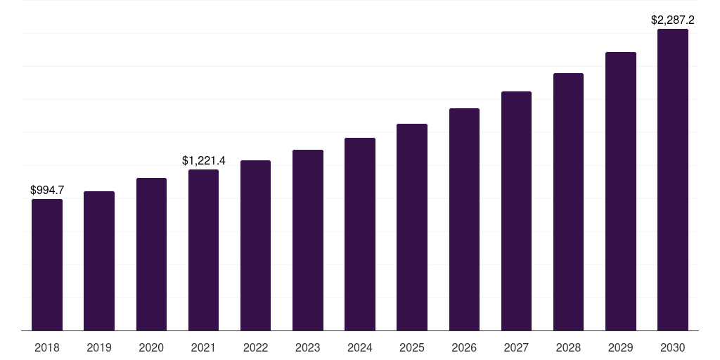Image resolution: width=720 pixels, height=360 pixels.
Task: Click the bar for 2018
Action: pyautogui.click(x=47, y=265)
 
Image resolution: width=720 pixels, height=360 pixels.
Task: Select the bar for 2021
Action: pyautogui.click(x=203, y=250)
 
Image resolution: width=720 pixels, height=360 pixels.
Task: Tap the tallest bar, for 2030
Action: pyautogui.click(x=673, y=180)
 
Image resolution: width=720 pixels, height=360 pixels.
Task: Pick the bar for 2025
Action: pyautogui.click(x=412, y=227)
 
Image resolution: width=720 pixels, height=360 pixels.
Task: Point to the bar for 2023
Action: pyautogui.click(x=308, y=240)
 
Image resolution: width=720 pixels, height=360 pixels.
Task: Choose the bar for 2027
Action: pyautogui.click(x=516, y=211)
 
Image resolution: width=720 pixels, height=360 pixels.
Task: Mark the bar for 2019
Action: pyautogui.click(x=99, y=261)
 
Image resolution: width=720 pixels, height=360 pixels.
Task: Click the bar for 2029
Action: pyautogui.click(x=621, y=191)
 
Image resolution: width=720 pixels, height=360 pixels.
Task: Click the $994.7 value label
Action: pyautogui.click(x=47, y=190)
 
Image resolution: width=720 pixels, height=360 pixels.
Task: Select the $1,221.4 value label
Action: pyautogui.click(x=203, y=161)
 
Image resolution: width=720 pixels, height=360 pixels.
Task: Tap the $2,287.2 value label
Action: pyautogui.click(x=673, y=20)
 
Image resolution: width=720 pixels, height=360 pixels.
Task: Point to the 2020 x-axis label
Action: pyautogui.click(x=151, y=347)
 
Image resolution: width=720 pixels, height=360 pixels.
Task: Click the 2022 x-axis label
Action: pyautogui.click(x=255, y=347)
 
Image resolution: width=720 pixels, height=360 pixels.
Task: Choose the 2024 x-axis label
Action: pyautogui.click(x=360, y=347)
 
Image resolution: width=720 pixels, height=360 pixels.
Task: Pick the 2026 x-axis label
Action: pyautogui.click(x=464, y=347)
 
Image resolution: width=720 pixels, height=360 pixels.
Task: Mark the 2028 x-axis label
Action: pyautogui.click(x=568, y=347)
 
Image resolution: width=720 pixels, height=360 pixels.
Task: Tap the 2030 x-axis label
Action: pyautogui.click(x=673, y=347)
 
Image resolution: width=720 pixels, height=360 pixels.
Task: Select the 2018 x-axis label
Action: pyautogui.click(x=47, y=347)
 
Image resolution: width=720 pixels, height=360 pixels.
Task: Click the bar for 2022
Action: pyautogui.click(x=255, y=245)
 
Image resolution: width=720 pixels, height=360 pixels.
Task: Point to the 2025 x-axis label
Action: pyautogui.click(x=412, y=347)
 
